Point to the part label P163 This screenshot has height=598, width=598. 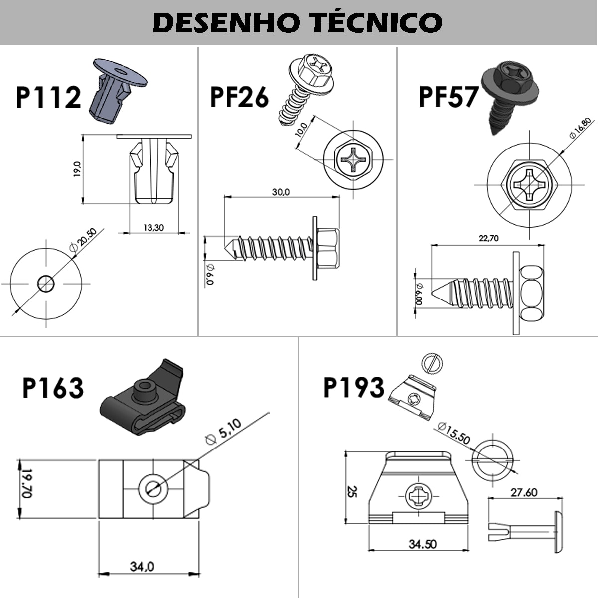click(53, 388)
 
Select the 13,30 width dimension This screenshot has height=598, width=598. click(153, 228)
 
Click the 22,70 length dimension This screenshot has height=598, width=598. click(488, 238)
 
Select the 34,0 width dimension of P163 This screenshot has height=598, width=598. click(142, 567)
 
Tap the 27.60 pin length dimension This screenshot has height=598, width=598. click(524, 492)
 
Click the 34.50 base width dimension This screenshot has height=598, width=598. click(423, 544)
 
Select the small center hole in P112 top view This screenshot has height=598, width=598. click(46, 284)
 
